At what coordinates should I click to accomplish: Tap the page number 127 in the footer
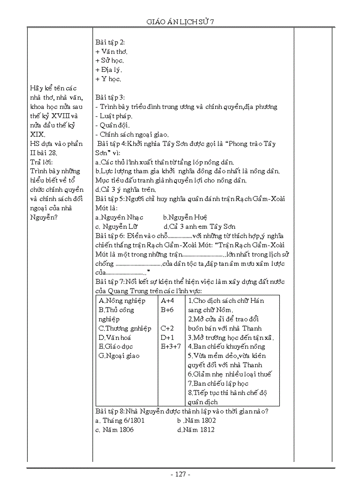point(180,474)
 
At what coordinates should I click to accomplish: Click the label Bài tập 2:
point(110,42)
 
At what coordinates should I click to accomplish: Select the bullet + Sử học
point(109,60)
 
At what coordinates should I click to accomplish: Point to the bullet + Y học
point(108,79)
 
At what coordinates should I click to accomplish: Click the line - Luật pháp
point(114,116)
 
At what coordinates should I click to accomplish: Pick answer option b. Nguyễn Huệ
point(185,217)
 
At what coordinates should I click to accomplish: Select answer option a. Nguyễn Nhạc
point(119,217)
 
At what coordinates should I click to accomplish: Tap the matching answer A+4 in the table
point(168,301)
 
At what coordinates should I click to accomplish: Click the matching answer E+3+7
point(171,346)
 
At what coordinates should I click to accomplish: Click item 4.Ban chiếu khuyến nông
point(226,346)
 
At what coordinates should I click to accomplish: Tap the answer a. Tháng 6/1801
point(120,420)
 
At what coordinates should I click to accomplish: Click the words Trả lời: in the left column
point(41,162)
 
